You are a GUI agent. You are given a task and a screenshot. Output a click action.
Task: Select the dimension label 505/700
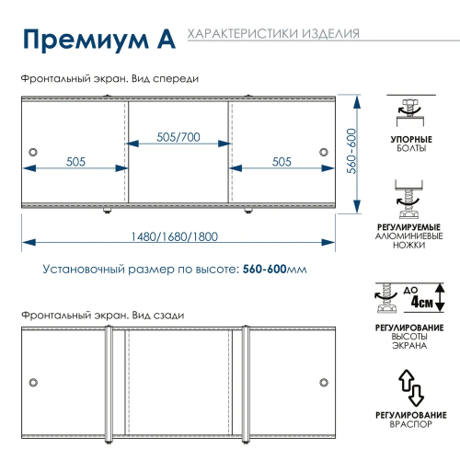coord(178,137)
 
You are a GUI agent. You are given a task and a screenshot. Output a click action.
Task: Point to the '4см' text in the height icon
coord(421,300)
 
